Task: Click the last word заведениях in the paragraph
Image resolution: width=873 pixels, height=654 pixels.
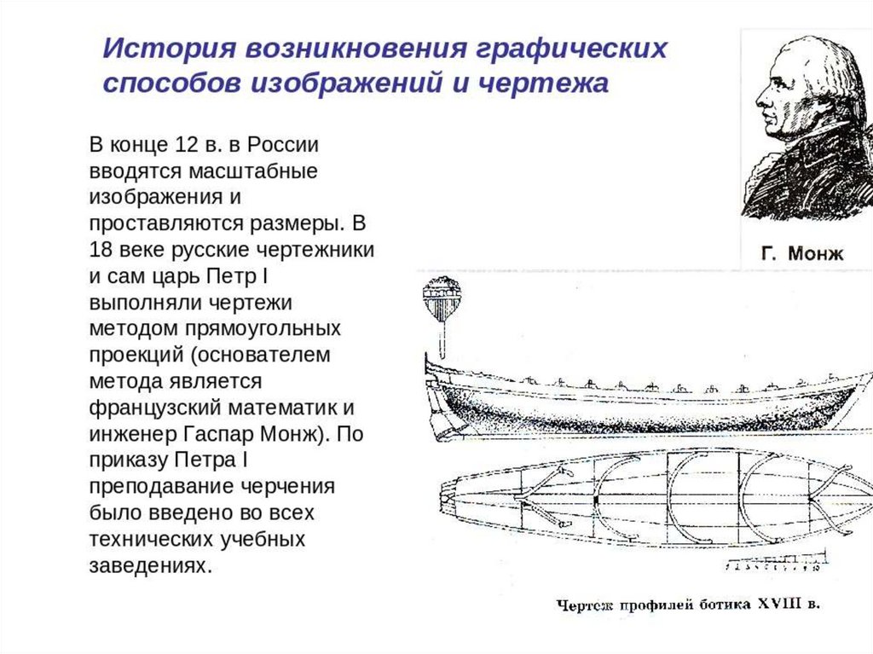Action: (148, 566)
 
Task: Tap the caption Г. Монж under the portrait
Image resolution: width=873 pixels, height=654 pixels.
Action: (802, 253)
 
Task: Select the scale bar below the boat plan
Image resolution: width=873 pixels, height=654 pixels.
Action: (775, 564)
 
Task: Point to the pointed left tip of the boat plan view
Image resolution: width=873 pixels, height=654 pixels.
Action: (442, 495)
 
